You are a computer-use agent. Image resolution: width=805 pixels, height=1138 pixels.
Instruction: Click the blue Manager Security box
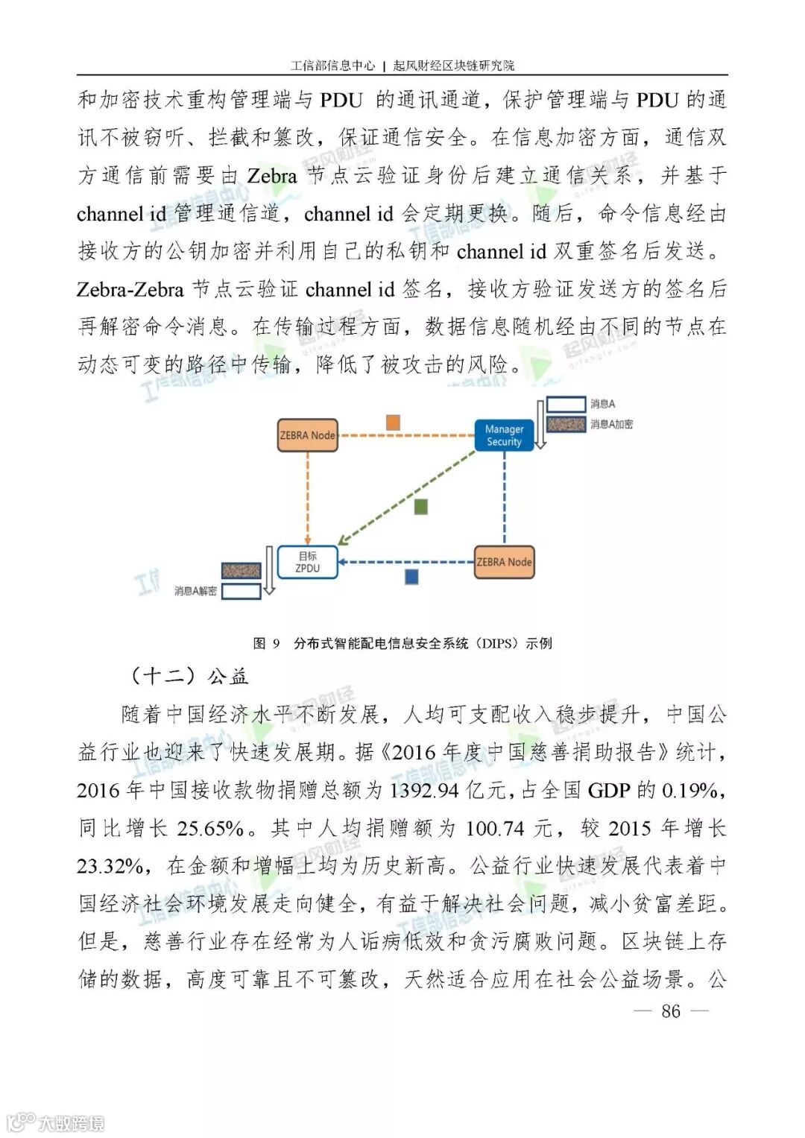coord(504,435)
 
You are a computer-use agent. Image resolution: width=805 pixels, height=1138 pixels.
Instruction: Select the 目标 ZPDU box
coord(307,562)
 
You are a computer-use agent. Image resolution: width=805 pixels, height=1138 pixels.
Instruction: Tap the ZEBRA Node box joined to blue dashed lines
coord(504,562)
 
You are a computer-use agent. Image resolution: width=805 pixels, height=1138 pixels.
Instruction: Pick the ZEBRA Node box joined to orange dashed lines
coord(307,435)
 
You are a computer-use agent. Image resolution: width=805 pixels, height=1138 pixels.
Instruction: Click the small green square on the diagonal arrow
coord(421,508)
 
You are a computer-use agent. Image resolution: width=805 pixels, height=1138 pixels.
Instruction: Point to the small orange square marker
coord(393,423)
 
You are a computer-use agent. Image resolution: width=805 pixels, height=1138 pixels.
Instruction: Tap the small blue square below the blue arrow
coord(411,577)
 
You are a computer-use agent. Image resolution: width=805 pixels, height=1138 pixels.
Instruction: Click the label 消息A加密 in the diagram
coord(611,424)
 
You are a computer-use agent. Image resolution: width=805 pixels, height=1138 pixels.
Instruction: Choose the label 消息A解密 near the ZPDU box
coord(195,591)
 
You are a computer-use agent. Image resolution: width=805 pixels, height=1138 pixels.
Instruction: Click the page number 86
coord(671,1011)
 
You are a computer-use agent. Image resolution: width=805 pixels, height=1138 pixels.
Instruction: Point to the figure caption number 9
coord(276,643)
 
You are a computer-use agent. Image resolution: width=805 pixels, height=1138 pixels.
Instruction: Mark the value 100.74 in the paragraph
coord(495,828)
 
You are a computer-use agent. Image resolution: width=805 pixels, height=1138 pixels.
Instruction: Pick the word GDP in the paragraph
coord(609,790)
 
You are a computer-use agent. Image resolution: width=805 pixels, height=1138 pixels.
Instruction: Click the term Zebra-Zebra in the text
coord(130,289)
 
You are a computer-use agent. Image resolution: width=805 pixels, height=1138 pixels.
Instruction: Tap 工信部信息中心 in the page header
coord(332,66)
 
